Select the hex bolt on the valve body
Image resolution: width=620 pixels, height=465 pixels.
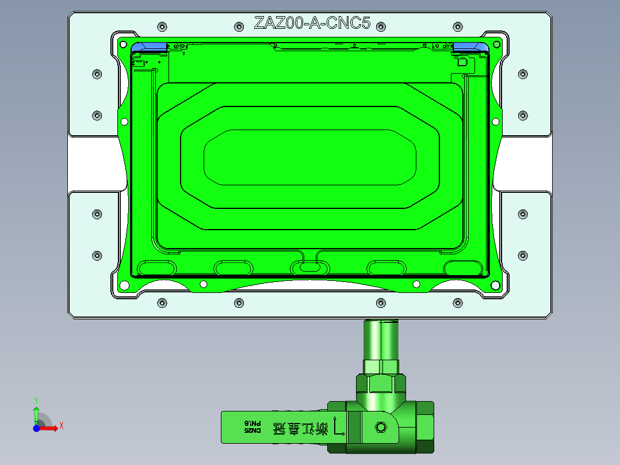[380, 427]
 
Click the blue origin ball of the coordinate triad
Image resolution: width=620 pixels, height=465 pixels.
[36, 428]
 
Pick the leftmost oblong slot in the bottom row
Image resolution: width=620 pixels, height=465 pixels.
[157, 267]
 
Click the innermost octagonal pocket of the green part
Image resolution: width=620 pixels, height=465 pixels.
[309, 157]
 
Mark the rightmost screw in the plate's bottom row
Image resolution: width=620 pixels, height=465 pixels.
[458, 303]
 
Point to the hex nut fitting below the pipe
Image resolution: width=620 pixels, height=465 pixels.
[380, 367]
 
